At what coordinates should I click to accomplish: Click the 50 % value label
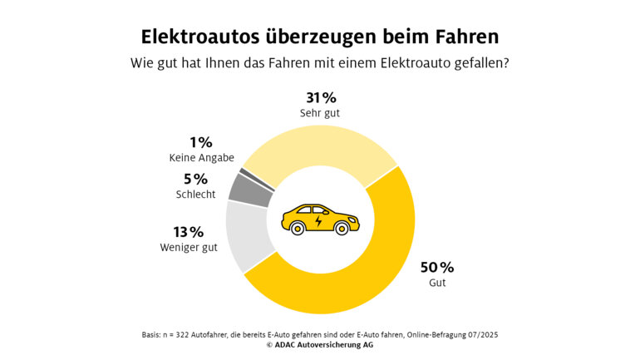(436, 267)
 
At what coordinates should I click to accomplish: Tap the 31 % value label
(319, 97)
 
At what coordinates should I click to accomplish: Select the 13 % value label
(189, 231)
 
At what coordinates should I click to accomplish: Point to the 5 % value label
(195, 179)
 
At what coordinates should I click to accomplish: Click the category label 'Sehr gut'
(320, 112)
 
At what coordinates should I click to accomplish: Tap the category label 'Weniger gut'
(188, 247)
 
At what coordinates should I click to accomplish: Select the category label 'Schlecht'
(195, 194)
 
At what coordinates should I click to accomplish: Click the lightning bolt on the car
(319, 220)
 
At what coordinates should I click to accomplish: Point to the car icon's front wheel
(342, 229)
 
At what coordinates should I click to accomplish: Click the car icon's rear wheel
(297, 228)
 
